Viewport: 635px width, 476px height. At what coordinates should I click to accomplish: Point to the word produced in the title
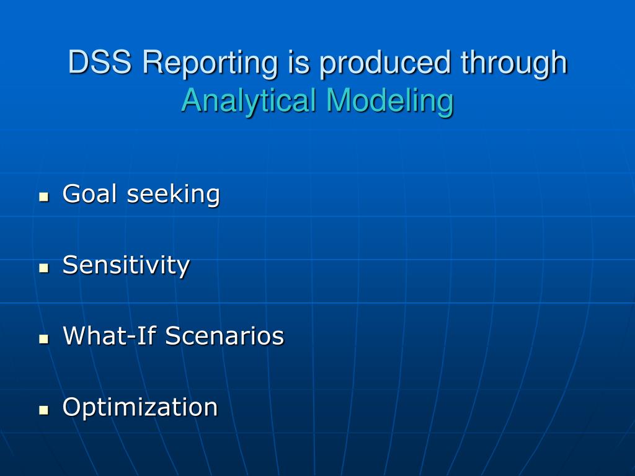point(384,64)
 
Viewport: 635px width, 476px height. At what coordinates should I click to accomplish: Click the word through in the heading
point(514,64)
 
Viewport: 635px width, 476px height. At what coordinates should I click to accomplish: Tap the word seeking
point(174,195)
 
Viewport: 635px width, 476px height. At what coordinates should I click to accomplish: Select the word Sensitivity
point(126,266)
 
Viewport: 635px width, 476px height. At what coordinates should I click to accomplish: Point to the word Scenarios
point(224,335)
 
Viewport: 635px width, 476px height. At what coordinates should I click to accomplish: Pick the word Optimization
point(140,408)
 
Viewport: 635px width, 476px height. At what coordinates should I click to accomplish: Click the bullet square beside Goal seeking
point(44,197)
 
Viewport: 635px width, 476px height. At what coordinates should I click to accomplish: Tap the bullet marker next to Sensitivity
point(44,268)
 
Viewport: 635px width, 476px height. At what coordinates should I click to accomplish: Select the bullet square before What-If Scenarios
point(44,339)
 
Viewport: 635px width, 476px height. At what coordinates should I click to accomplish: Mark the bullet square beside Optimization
point(44,410)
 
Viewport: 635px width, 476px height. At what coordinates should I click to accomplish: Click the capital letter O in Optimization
point(72,407)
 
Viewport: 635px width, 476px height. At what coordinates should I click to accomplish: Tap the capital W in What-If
point(76,335)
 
